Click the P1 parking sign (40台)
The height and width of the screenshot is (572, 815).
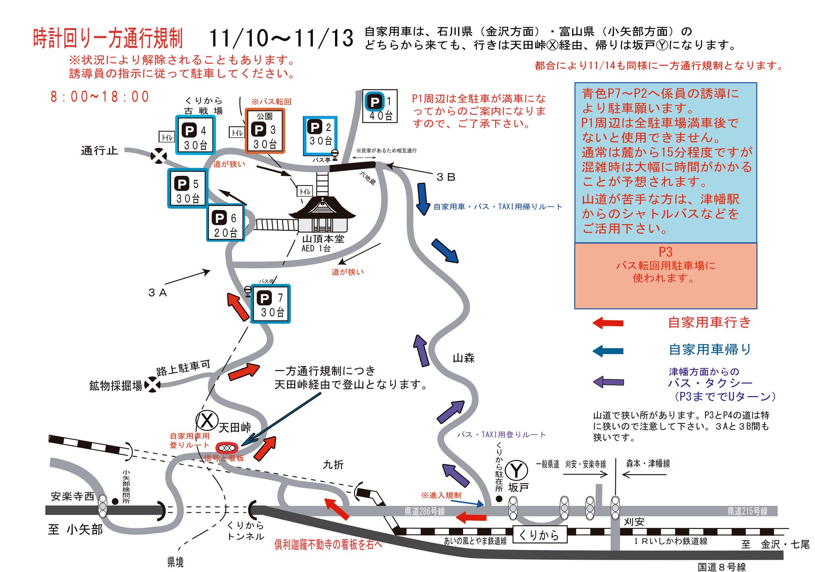380,106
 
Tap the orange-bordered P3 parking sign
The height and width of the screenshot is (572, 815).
265,131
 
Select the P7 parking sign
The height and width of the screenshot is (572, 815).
271,304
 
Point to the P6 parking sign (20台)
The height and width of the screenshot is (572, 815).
226,223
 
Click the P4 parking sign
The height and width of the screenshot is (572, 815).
195,135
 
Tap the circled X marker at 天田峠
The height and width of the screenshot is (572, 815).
207,421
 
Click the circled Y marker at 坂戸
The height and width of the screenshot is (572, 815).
516,470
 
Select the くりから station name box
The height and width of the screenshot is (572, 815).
539,535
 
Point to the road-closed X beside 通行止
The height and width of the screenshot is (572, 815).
159,156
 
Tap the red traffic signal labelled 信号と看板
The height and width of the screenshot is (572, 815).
227,448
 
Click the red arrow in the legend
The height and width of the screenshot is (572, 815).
608,323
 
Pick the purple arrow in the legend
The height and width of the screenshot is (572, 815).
608,382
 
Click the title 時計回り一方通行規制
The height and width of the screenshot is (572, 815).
108,39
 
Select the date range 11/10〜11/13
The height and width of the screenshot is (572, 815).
281,39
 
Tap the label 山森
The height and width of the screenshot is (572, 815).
463,358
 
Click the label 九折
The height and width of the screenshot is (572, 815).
333,465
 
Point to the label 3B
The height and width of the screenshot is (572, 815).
446,177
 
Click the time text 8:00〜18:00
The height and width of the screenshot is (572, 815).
100,97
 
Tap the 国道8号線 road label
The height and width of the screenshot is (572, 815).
722,566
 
